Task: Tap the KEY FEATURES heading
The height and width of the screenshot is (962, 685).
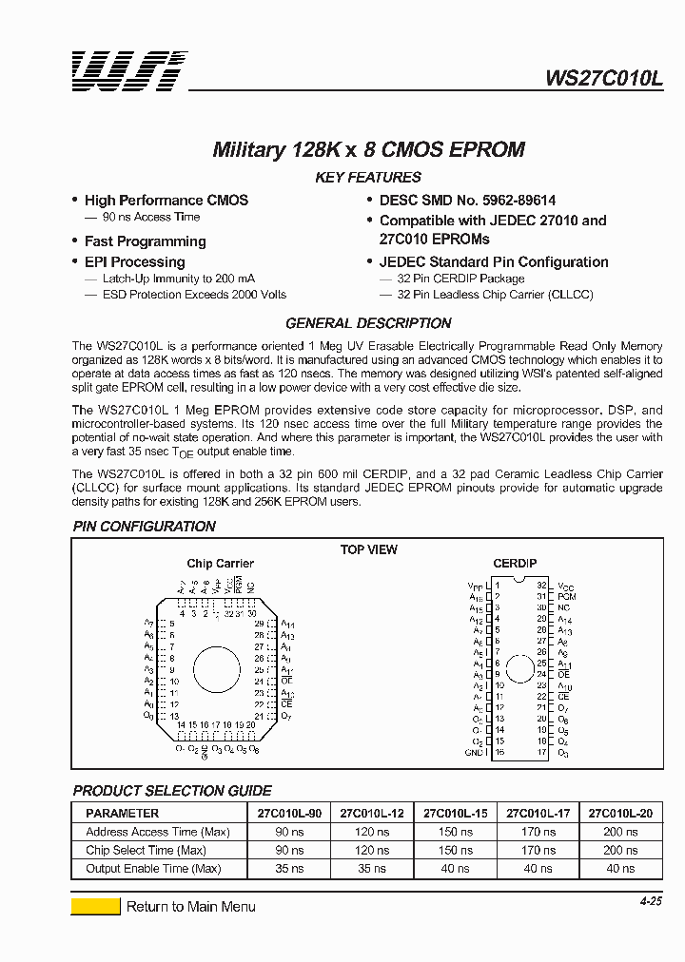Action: click(367, 178)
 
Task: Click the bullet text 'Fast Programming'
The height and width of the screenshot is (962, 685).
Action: click(145, 241)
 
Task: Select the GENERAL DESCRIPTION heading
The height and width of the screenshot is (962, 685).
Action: click(368, 323)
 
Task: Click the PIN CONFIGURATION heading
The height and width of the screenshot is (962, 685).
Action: click(145, 527)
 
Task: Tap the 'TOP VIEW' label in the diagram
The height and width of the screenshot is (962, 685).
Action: click(369, 549)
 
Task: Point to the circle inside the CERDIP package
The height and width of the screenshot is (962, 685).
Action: click(519, 667)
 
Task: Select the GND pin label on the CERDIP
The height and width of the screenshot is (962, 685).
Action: click(475, 752)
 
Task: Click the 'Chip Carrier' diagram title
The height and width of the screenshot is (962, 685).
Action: click(220, 564)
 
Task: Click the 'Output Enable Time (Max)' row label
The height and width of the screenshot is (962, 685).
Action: click(153, 868)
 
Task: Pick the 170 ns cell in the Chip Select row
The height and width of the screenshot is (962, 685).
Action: click(538, 850)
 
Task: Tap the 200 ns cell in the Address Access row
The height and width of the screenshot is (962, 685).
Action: click(620, 832)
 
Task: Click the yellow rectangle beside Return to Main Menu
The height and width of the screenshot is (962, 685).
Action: click(95, 906)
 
